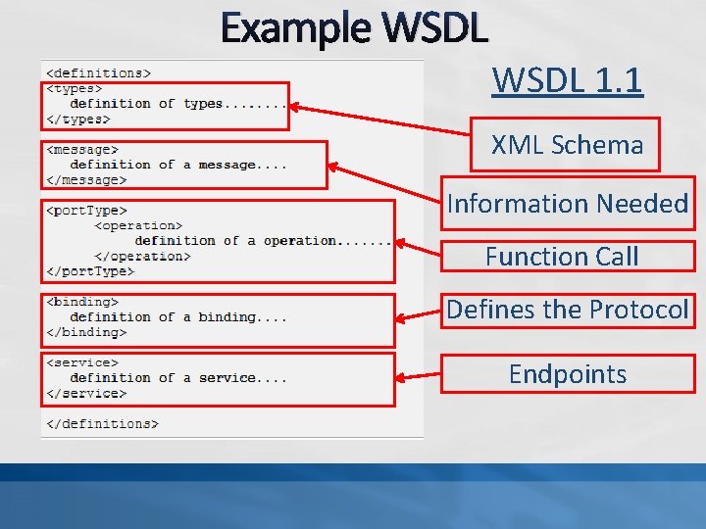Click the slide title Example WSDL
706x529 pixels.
(x=354, y=28)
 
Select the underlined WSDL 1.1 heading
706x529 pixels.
(x=567, y=79)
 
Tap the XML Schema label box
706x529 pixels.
(x=567, y=145)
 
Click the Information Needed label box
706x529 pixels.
(x=568, y=204)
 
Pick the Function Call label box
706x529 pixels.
(x=562, y=257)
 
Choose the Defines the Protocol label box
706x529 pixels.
(x=568, y=310)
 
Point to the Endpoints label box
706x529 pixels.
(x=568, y=374)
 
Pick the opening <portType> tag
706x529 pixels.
(x=86, y=210)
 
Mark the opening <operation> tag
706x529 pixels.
(x=138, y=225)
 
